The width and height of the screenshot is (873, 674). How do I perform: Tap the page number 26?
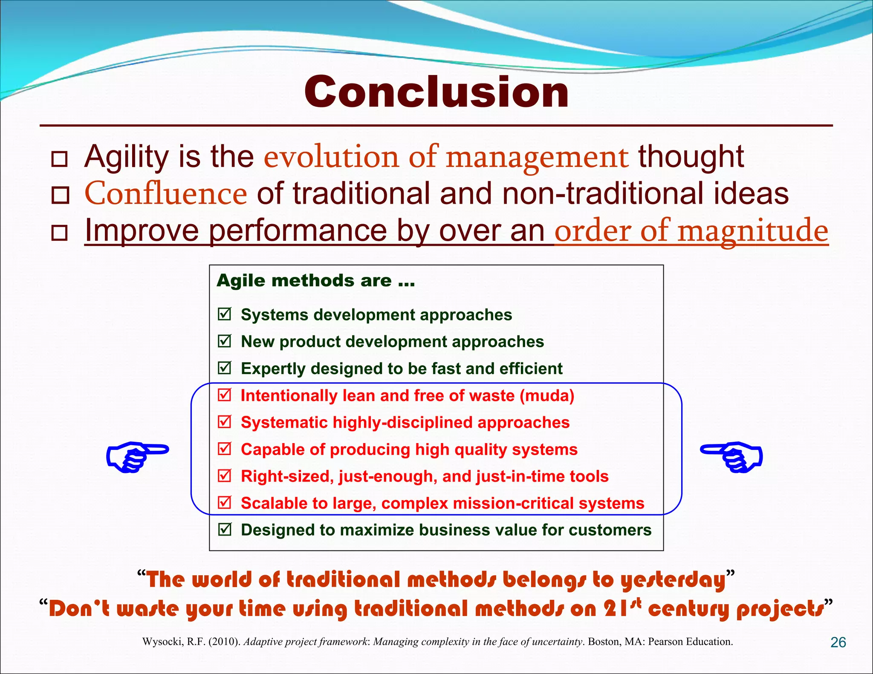pos(838,642)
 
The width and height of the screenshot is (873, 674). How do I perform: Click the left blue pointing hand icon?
pos(137,456)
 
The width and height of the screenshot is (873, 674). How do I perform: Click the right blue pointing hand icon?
pos(732,456)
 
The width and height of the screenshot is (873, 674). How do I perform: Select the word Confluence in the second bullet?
pos(166,193)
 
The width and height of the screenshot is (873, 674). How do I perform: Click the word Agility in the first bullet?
pos(127,157)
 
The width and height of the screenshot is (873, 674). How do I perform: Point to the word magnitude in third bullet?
pos(753,231)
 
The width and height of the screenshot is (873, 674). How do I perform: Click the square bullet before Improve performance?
pos(59,233)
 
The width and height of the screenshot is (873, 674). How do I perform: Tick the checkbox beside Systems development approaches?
pos(224,314)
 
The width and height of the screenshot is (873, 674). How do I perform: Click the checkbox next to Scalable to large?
pos(224,503)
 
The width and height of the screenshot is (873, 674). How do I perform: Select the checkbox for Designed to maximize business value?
pos(224,530)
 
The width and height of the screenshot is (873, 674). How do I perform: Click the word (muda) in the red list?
pos(547,396)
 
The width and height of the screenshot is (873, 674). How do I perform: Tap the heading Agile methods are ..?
pos(316,281)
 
